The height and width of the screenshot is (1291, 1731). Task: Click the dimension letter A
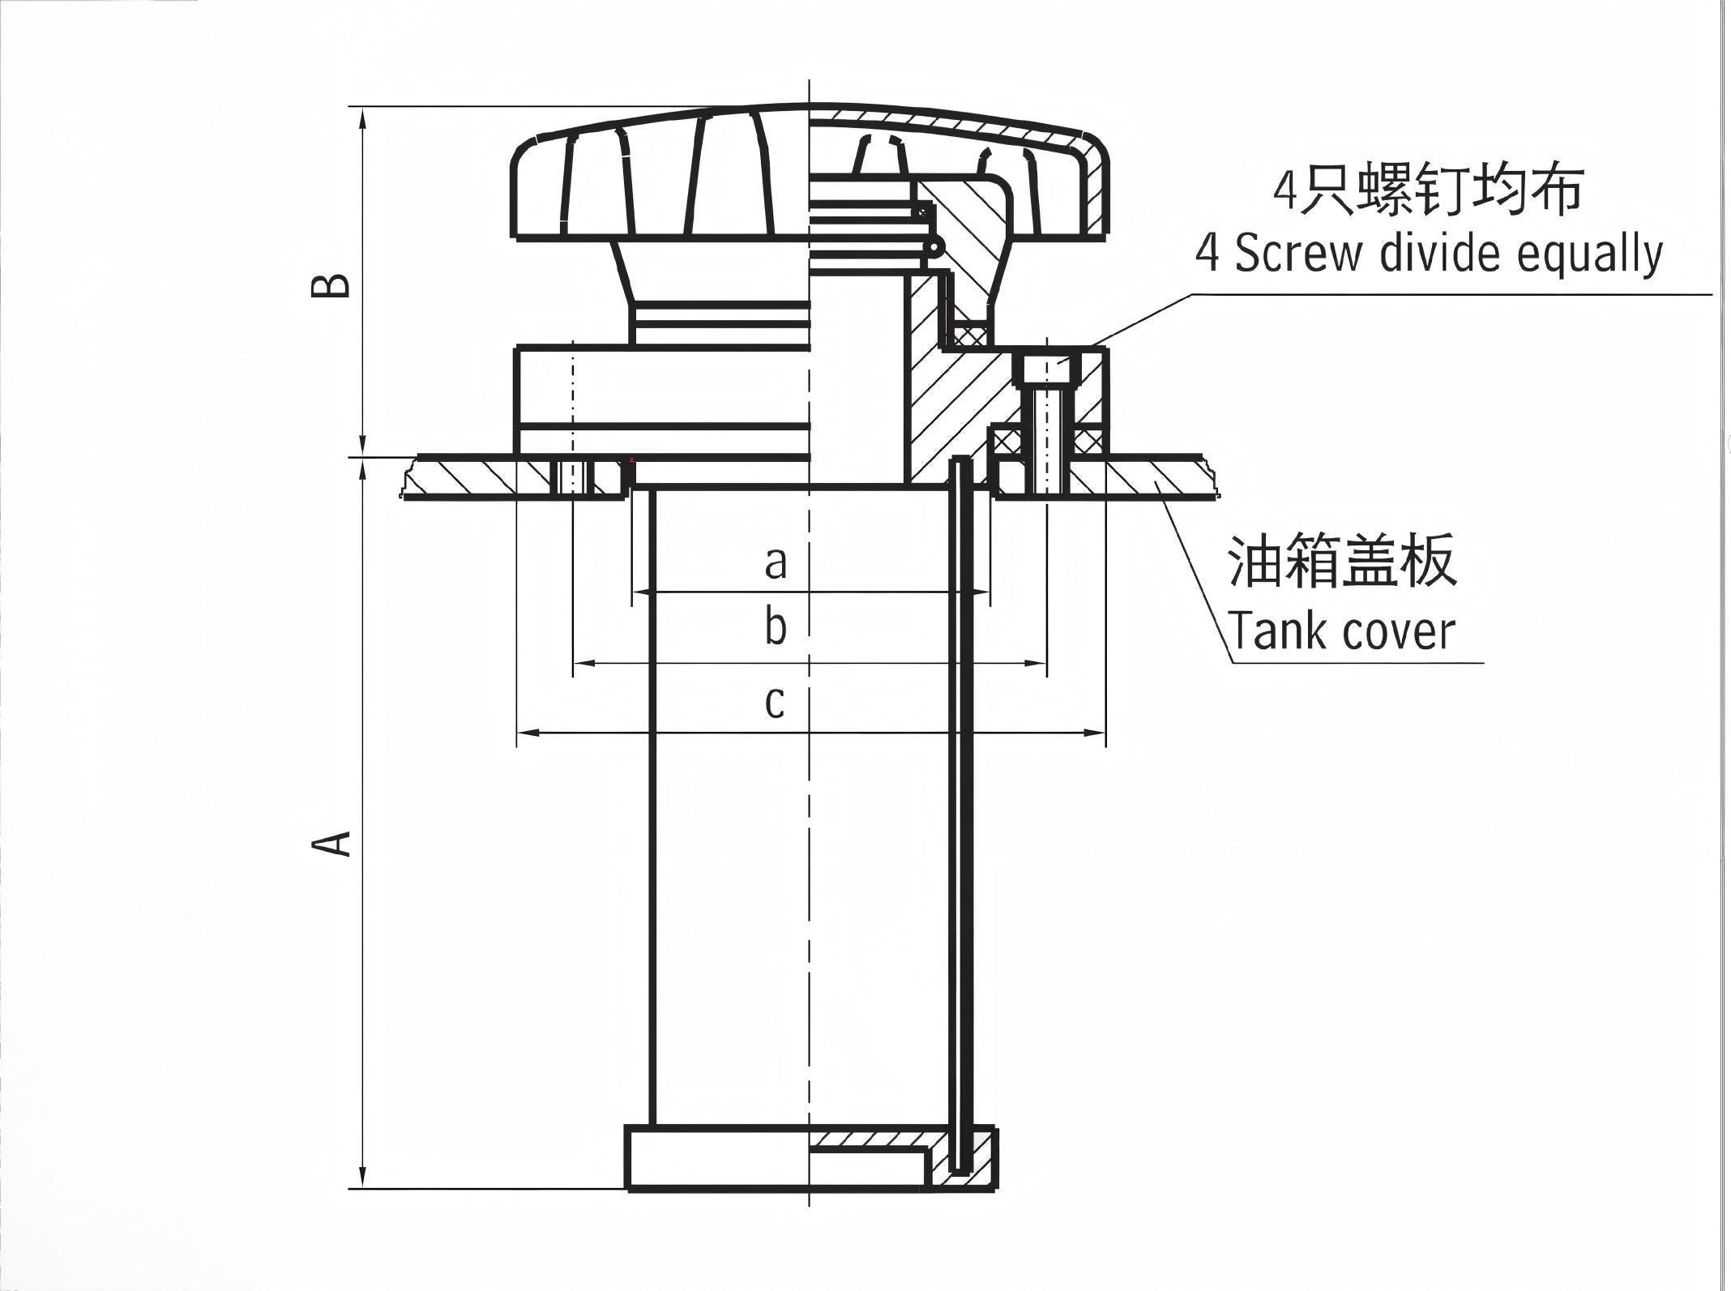coord(332,842)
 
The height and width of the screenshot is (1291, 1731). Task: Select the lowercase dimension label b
coord(776,627)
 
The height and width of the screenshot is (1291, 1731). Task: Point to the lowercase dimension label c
coord(775,702)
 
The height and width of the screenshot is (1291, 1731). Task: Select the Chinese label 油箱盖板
coord(1342,560)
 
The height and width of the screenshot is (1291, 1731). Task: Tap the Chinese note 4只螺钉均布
coord(1427,191)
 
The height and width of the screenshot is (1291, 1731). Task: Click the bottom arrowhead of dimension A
coord(363,1177)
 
